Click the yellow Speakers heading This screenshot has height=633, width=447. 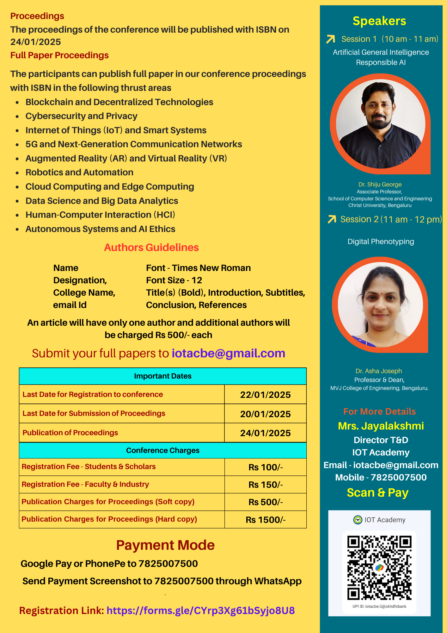coord(379,21)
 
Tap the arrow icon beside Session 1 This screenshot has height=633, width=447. coord(331,39)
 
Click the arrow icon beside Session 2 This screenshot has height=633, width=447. coord(332,219)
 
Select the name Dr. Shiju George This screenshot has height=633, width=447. coord(380,185)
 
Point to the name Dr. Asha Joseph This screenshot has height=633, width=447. coord(378,371)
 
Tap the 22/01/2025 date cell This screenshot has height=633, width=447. coord(265,395)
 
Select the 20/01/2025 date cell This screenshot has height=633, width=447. coord(265,414)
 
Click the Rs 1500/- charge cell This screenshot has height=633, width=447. coord(266,520)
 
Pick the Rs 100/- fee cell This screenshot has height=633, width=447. coord(266,467)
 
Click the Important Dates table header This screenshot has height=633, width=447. coord(162,376)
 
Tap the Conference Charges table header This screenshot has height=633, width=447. coord(162,450)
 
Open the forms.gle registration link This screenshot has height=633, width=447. coord(200,611)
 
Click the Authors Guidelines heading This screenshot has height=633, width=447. coord(151,248)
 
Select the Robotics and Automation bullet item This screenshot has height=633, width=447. coord(79,172)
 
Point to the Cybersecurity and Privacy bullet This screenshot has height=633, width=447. coord(81,116)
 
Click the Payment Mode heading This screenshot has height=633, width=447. coord(165,545)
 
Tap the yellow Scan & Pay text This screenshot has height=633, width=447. coord(377,493)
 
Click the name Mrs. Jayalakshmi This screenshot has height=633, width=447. coord(381,426)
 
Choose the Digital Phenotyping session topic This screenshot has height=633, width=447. coord(381,241)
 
